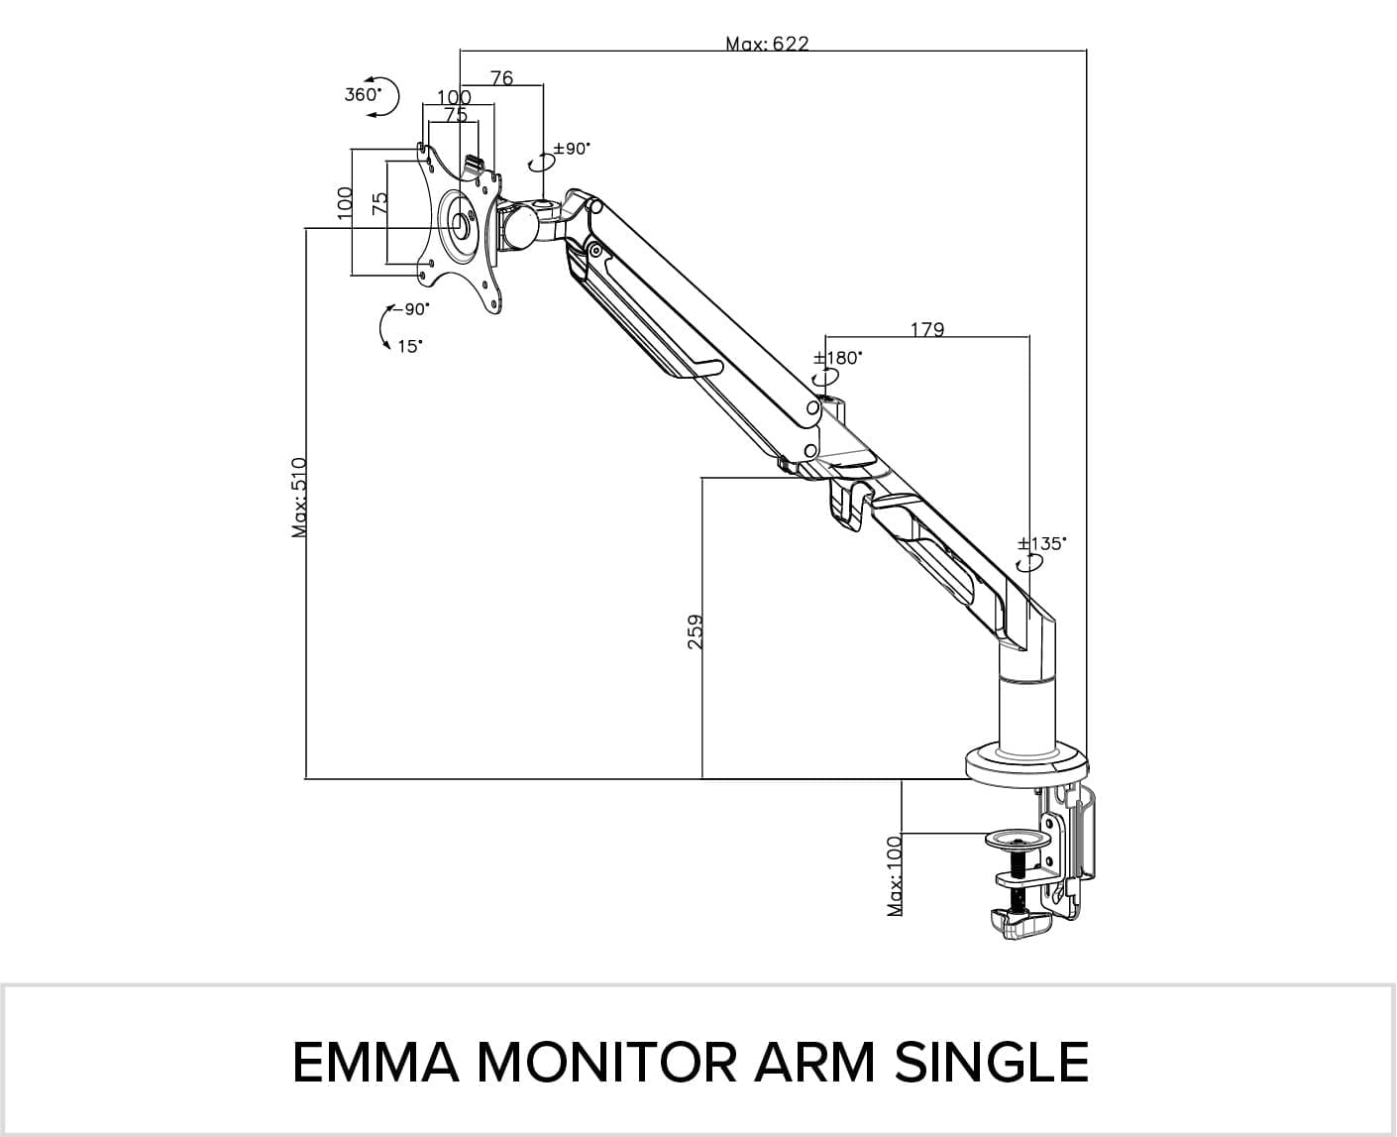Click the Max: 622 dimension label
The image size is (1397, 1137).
[x=767, y=44]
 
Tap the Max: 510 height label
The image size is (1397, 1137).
[x=300, y=498]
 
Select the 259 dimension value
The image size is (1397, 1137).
[x=695, y=631]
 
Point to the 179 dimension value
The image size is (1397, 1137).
[x=926, y=329]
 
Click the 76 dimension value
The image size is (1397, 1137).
[x=501, y=77]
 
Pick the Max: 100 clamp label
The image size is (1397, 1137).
[x=895, y=876]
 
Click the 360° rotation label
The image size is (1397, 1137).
[x=364, y=94]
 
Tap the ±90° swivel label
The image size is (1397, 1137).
[x=571, y=149]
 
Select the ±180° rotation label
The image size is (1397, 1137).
[x=837, y=357]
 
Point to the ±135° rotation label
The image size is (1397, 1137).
[x=1042, y=543]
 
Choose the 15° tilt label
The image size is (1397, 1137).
[x=409, y=346]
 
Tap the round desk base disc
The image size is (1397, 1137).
[x=1027, y=764]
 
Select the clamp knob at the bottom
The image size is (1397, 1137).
[x=1018, y=925]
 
